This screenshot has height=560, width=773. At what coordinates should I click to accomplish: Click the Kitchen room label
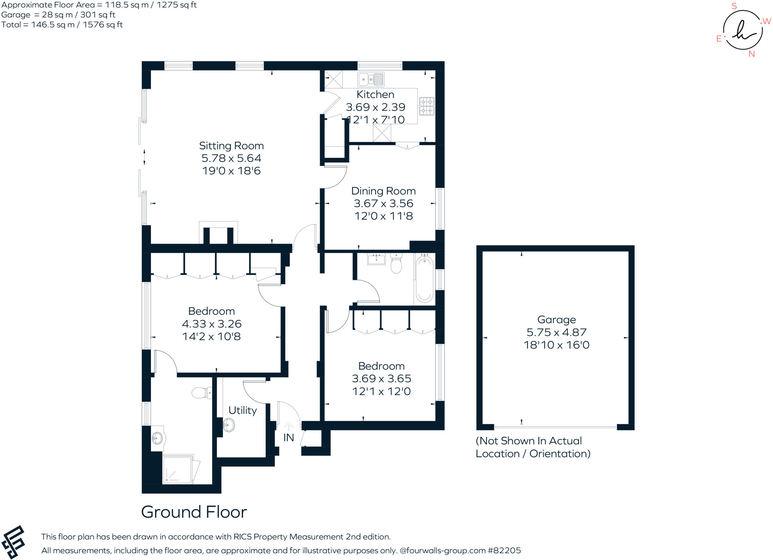point(375,94)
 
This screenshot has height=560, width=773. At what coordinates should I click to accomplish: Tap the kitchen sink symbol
point(371,79)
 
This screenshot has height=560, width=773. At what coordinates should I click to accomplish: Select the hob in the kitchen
point(427,106)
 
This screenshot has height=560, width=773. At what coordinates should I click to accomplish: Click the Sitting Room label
point(231,146)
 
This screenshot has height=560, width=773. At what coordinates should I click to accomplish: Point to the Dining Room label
point(383,191)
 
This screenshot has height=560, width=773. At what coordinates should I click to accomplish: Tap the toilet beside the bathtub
point(396,263)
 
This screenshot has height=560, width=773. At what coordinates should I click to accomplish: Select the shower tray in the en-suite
point(177,470)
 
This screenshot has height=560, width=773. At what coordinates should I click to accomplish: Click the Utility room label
point(242,410)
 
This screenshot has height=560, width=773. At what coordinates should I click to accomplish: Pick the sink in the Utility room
point(229,425)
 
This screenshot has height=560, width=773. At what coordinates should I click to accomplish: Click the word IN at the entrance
point(288,438)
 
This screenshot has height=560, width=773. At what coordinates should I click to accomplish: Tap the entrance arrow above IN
point(288,427)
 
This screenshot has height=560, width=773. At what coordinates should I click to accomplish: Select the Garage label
point(556,320)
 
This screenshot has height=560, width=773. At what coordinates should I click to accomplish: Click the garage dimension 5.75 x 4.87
point(556,332)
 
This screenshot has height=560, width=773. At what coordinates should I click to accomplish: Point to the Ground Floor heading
point(194,512)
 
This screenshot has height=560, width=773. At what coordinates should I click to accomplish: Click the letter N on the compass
point(751,54)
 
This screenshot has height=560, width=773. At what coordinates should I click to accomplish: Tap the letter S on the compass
point(734,6)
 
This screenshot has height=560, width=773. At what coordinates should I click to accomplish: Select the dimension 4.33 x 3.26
point(211,324)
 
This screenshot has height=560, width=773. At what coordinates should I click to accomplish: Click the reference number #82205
point(504,551)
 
